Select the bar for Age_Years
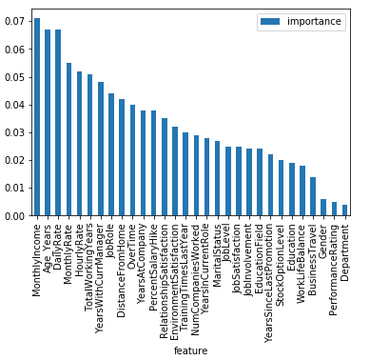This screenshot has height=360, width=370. point(48,124)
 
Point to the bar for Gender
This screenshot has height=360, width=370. point(323,209)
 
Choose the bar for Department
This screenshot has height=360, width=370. point(344,210)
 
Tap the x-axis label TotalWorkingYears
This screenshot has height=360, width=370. point(90,268)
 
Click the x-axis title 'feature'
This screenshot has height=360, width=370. point(190,350)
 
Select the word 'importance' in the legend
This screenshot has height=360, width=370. point(314,20)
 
